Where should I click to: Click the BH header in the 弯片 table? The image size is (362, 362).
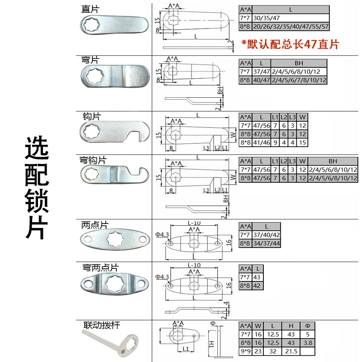[x=299, y=63]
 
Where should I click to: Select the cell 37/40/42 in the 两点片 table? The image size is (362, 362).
[x=270, y=235]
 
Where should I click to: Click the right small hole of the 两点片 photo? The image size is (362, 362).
[x=142, y=238]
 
